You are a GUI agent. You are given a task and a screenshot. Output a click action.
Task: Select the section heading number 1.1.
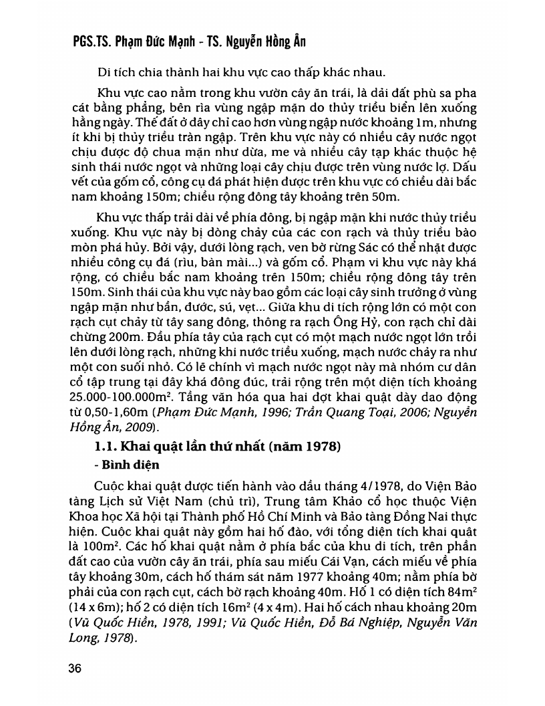[109, 447]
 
